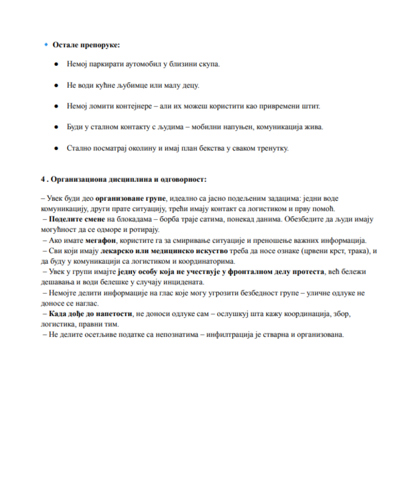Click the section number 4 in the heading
tap(43, 179)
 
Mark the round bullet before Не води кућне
tap(57, 86)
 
